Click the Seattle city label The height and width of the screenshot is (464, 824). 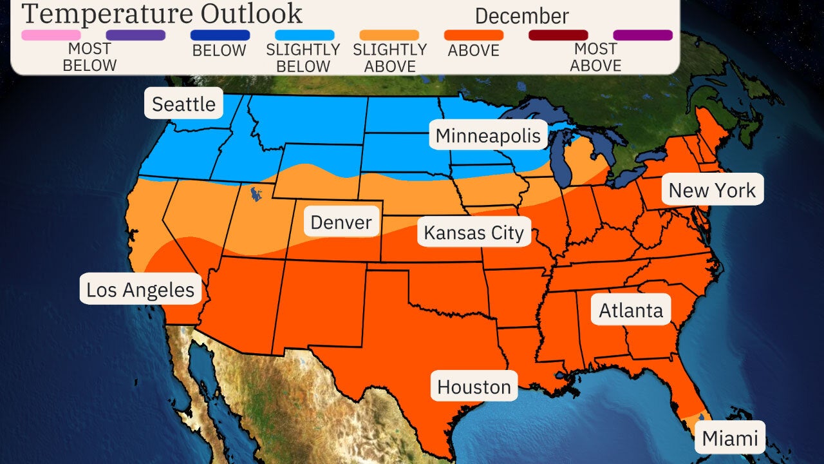[x=183, y=104]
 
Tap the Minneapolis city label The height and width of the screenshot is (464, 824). [x=487, y=136]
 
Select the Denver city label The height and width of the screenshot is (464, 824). [x=341, y=222]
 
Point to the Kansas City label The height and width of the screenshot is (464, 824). [x=474, y=233]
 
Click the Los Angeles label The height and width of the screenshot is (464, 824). [x=140, y=290]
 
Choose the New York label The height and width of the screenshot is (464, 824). [x=712, y=190]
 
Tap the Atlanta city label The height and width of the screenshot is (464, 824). [x=630, y=311]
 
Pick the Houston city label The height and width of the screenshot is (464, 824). [x=474, y=387]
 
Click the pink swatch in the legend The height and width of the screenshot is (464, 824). [x=51, y=35]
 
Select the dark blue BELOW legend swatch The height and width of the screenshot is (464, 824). [x=220, y=35]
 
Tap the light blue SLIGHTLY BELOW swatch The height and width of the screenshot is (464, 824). [x=304, y=35]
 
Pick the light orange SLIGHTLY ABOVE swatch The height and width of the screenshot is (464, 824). [x=389, y=35]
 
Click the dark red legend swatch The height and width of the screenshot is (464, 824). [x=558, y=35]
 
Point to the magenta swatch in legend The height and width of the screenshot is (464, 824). [x=642, y=35]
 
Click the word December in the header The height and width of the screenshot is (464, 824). [x=521, y=16]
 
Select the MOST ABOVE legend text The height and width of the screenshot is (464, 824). [x=595, y=57]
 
